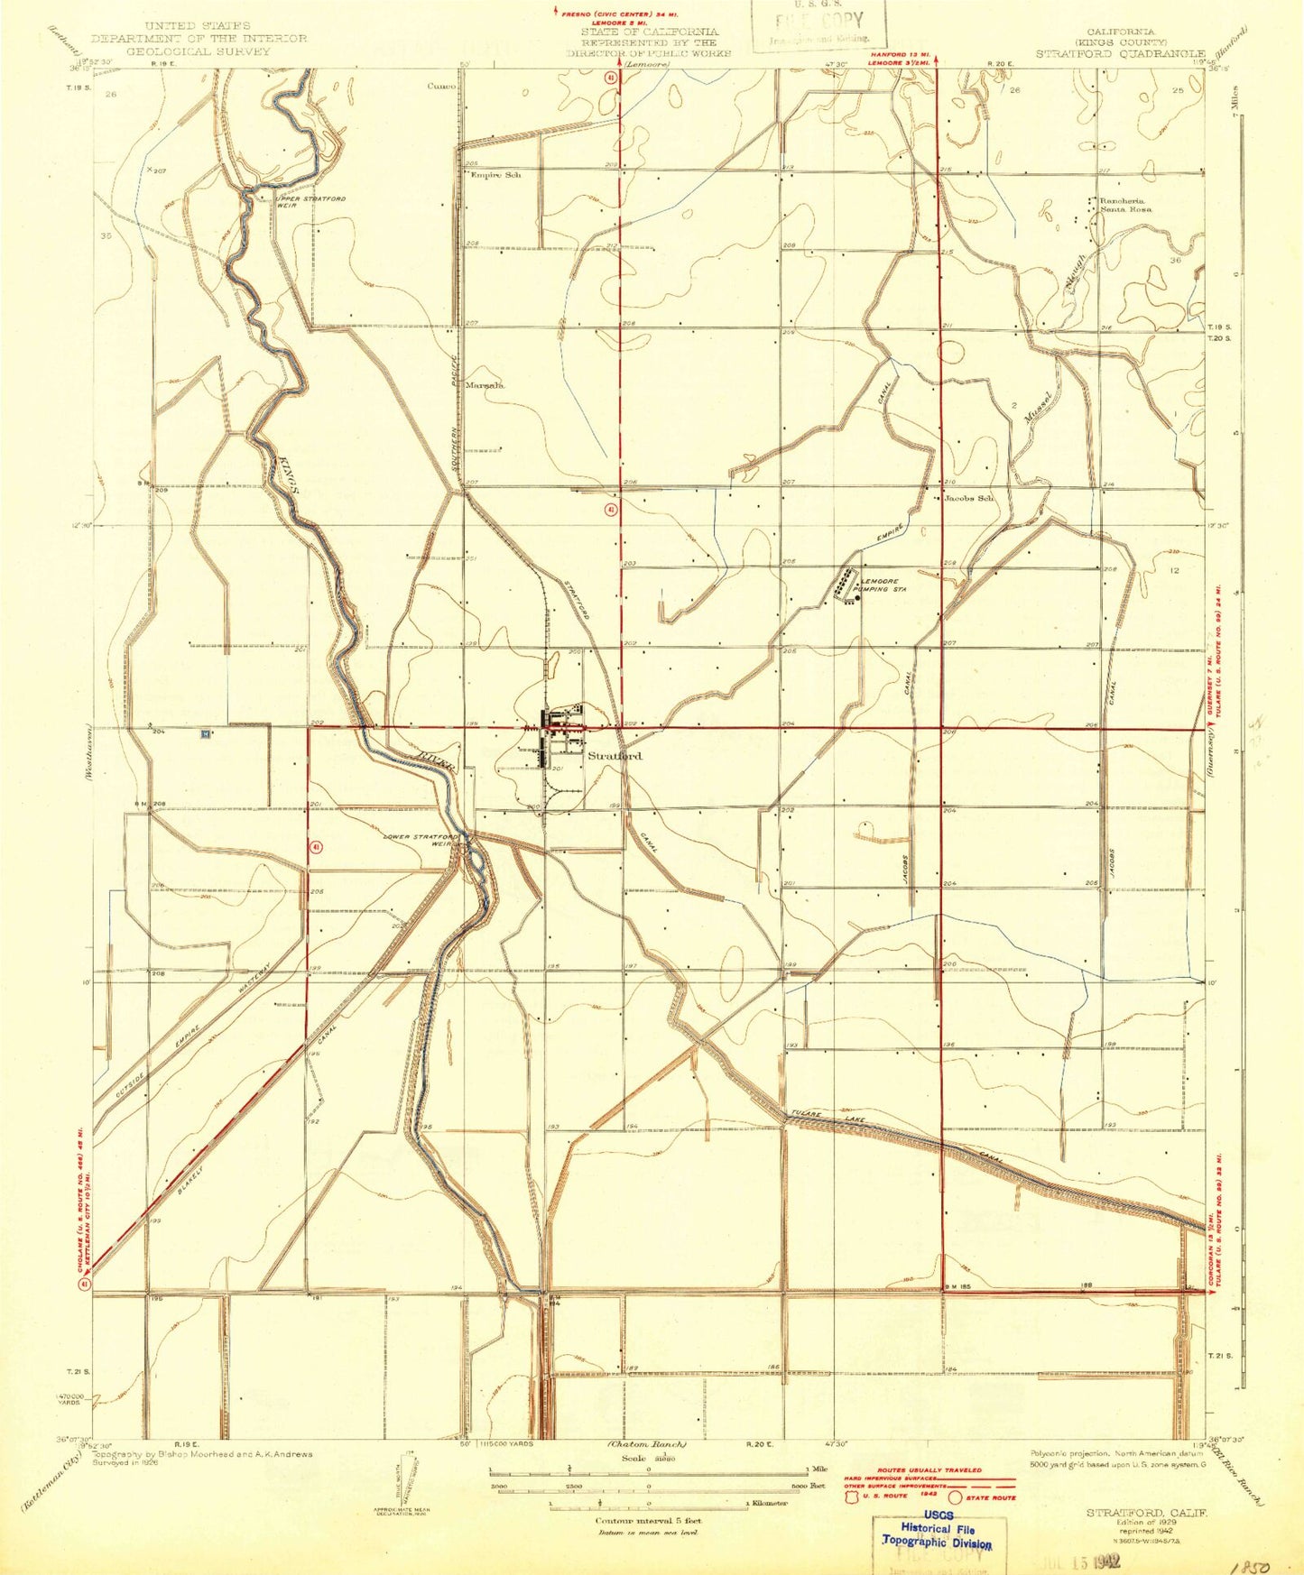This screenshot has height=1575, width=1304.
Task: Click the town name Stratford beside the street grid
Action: pos(615,756)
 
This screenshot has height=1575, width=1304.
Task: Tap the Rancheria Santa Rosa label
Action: pos(1122,205)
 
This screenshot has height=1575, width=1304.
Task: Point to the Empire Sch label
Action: pos(495,175)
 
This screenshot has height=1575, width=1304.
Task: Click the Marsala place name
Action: pos(485,385)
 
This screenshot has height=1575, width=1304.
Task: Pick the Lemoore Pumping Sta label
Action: pos(883,585)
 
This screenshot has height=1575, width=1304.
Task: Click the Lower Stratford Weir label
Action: pos(420,839)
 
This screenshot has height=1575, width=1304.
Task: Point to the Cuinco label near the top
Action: pos(442,87)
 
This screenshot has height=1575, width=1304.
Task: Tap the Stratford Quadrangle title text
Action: pos(1119,54)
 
